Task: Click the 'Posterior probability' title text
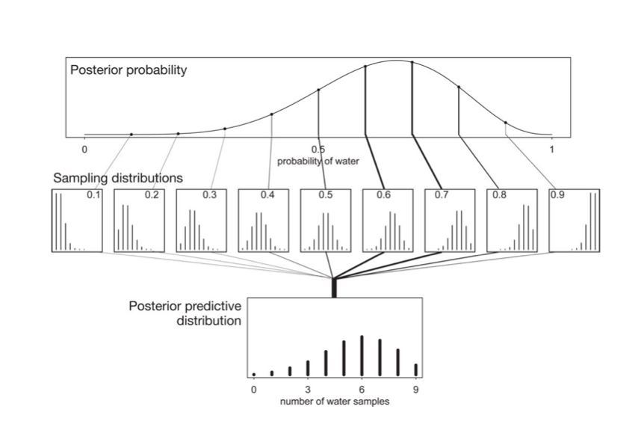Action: tap(128, 71)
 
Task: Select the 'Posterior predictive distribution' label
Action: tap(185, 314)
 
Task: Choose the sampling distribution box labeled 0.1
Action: tap(77, 221)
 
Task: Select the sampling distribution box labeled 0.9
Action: tap(574, 221)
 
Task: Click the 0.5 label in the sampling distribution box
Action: tap(326, 195)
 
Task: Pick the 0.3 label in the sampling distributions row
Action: tap(210, 195)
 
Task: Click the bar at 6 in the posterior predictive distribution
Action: tap(362, 355)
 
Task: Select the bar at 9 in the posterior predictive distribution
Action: tap(415, 369)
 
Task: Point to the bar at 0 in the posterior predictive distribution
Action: tap(254, 374)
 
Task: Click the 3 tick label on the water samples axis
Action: tap(307, 390)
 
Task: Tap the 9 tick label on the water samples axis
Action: tap(415, 390)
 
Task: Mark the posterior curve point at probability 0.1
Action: tap(131, 135)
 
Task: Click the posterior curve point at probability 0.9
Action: tap(505, 123)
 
